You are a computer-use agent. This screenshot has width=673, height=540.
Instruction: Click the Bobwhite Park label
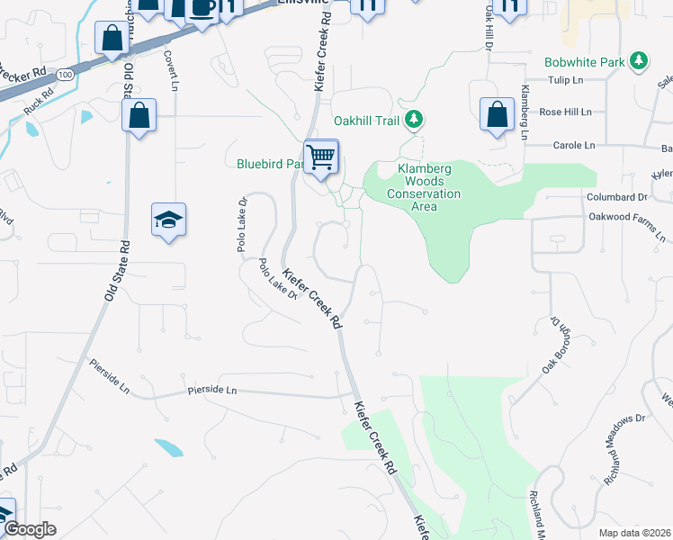pos(585,62)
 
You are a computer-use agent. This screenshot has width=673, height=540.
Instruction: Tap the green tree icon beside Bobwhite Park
pos(639,61)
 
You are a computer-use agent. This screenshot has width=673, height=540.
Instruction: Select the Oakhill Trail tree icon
pos(413,119)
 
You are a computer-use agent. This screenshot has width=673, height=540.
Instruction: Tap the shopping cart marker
pos(321,157)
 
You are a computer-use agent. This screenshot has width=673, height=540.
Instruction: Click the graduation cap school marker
pos(168,220)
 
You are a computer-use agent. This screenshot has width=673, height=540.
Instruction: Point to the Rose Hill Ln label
pos(565,112)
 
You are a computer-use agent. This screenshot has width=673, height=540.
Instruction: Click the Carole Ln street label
pos(573,144)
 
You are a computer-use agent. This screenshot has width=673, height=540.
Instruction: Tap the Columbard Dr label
pos(616,196)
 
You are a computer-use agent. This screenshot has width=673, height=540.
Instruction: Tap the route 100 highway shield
pos(65,76)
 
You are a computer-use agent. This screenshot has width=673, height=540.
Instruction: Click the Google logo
pos(31,529)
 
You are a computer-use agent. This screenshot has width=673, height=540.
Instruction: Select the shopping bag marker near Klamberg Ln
pos(497,115)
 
